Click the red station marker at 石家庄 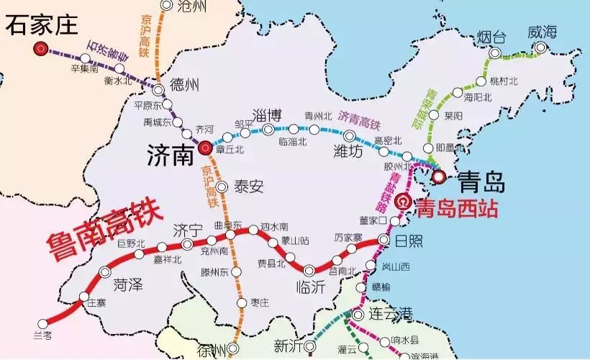42,49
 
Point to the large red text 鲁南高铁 104,228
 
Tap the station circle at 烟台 495,53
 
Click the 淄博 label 268,114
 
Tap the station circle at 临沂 309,271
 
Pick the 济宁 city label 188,230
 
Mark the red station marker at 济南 204,149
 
